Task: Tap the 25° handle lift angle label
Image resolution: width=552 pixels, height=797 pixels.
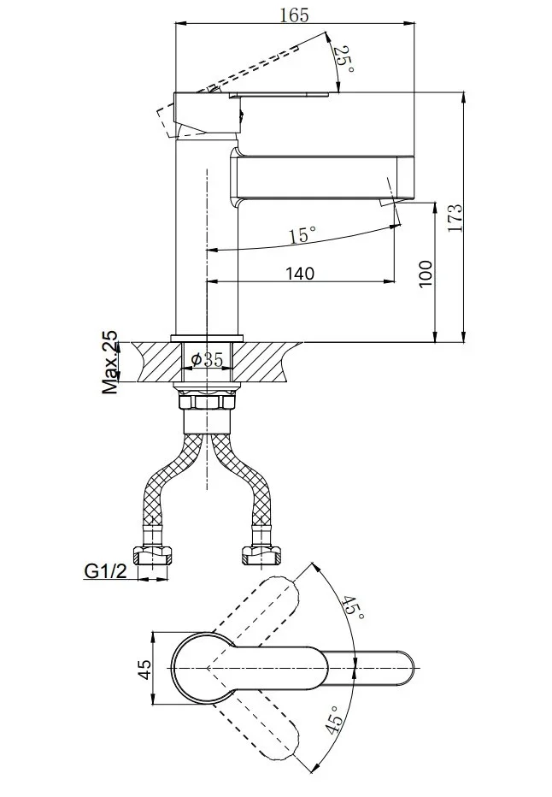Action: click(x=344, y=60)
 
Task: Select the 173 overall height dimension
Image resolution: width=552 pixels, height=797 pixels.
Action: click(x=455, y=217)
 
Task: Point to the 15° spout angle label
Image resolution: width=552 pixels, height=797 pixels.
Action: click(x=302, y=235)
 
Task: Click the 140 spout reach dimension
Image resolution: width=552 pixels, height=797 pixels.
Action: click(x=300, y=274)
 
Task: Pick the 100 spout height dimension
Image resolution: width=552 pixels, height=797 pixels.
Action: click(x=426, y=274)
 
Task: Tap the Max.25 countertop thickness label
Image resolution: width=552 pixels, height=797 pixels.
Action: click(x=109, y=363)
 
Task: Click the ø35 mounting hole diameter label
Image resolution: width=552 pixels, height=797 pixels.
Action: click(x=207, y=360)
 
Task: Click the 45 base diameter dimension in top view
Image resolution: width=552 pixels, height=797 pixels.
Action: click(x=144, y=669)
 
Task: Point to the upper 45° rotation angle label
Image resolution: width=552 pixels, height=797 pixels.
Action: click(x=353, y=606)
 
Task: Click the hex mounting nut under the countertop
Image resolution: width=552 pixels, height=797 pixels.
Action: click(x=206, y=402)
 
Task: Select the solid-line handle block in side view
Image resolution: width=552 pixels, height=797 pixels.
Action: click(x=207, y=114)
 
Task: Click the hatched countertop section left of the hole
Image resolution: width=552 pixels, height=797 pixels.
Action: click(x=157, y=362)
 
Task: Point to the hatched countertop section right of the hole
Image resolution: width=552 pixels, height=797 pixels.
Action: click(x=264, y=362)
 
